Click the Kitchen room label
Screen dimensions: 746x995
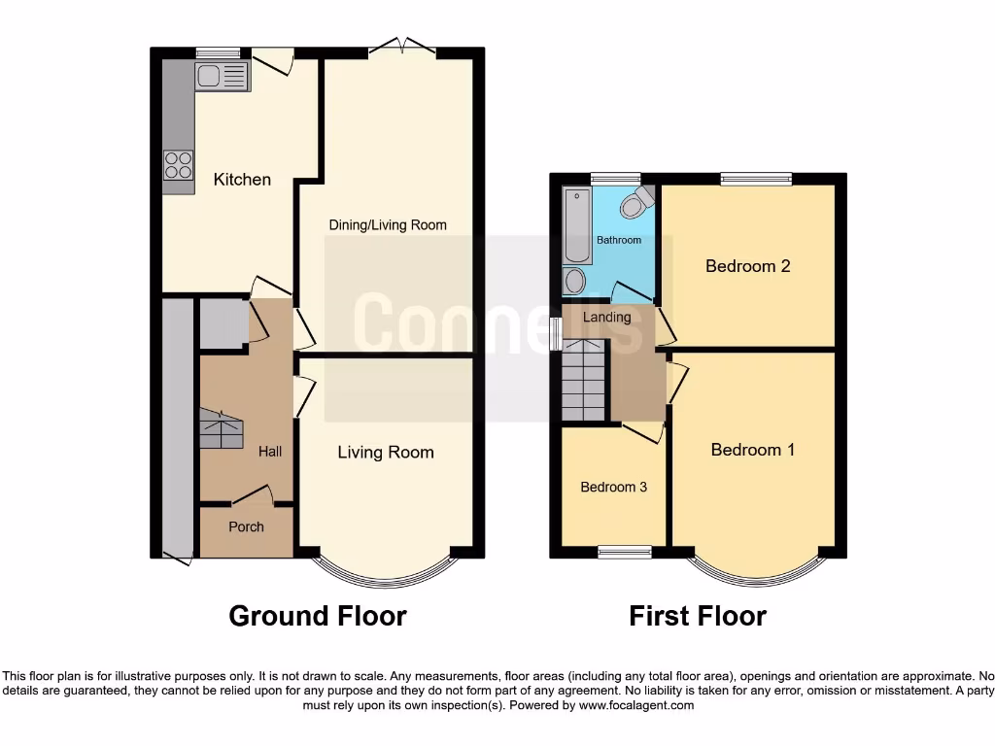pyautogui.click(x=242, y=180)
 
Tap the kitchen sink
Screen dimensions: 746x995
pyautogui.click(x=221, y=76)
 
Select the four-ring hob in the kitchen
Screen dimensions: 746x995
pyautogui.click(x=178, y=165)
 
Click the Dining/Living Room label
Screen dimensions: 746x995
pyautogui.click(x=388, y=225)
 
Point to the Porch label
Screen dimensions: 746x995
pyautogui.click(x=246, y=527)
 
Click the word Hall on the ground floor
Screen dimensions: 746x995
pyautogui.click(x=270, y=452)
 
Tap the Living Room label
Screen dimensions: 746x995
pyautogui.click(x=386, y=453)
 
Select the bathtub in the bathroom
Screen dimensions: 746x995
pyautogui.click(x=576, y=226)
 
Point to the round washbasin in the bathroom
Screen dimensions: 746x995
pyautogui.click(x=574, y=282)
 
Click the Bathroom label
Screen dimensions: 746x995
pyautogui.click(x=619, y=240)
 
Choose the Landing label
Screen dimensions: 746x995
pyautogui.click(x=606, y=317)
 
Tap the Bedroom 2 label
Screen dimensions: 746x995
pyautogui.click(x=747, y=266)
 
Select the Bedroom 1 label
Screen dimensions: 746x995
pyautogui.click(x=753, y=450)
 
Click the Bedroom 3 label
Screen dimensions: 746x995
pyautogui.click(x=613, y=488)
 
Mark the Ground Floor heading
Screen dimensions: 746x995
pyautogui.click(x=318, y=616)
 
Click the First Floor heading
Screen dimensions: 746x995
pyautogui.click(x=698, y=616)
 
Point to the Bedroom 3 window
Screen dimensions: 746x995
pyautogui.click(x=625, y=552)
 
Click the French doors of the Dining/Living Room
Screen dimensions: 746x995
pyautogui.click(x=402, y=46)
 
